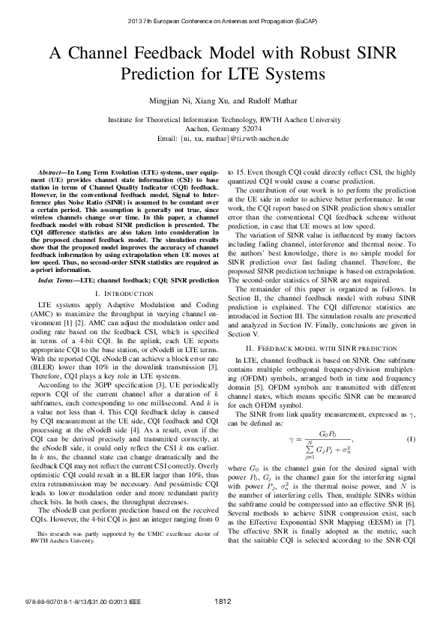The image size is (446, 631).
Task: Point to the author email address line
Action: point(223,139)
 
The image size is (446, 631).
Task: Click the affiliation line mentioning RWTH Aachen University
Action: point(223,119)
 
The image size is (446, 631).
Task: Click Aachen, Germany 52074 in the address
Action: point(223,129)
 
